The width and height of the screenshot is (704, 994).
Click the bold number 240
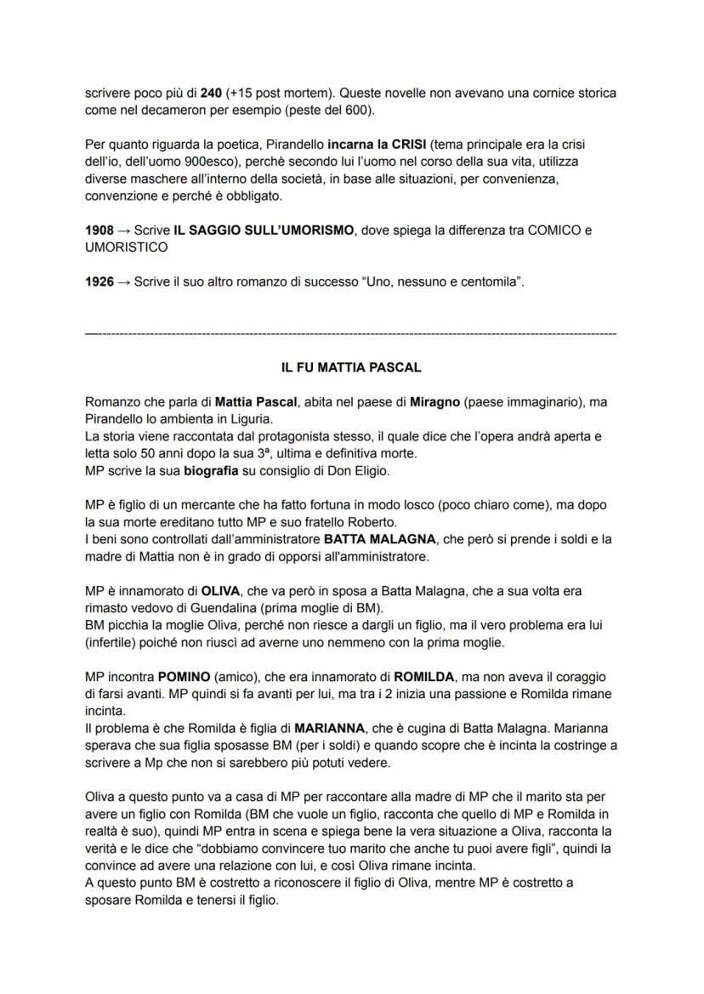211,92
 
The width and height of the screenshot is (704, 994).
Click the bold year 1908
99,230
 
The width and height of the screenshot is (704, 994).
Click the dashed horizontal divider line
351,336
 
